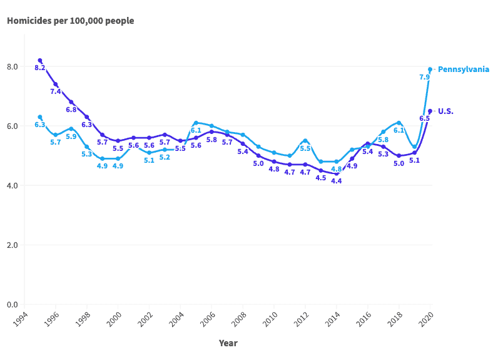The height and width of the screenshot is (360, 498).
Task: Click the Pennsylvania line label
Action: coord(463,69)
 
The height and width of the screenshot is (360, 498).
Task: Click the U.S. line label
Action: coord(445,111)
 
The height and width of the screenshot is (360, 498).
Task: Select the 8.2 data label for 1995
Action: coord(39,68)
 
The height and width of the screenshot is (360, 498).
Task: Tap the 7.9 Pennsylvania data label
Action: coord(424,77)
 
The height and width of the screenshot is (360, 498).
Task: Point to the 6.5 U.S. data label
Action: coord(424,118)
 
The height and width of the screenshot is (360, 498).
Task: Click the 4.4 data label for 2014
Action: coord(337,181)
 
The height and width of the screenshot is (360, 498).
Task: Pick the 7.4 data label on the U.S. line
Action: coord(55,91)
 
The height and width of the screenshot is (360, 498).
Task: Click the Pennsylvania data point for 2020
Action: coord(430,69)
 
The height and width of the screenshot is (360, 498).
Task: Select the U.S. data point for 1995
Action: coord(39,60)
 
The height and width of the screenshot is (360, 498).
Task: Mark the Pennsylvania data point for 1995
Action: coord(39,117)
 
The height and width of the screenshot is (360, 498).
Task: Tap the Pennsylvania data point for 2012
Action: coord(305,141)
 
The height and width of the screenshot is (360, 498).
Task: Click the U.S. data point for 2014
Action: coord(337,173)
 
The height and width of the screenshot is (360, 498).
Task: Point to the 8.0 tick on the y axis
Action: coord(12,67)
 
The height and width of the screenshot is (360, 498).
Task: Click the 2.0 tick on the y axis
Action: coord(12,245)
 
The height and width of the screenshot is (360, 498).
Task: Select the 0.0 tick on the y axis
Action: coord(12,305)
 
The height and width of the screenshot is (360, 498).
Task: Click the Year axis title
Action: coord(228,343)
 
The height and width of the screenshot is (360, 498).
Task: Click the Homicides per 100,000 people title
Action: coord(70,21)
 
